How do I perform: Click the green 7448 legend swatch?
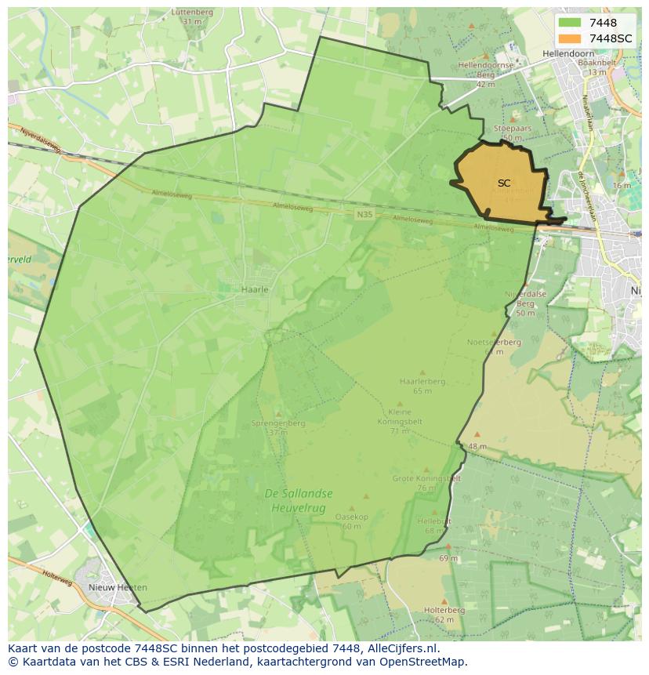tap(570, 23)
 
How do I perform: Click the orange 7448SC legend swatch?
tap(570, 38)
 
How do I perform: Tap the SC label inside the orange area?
tap(503, 183)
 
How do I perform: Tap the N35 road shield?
tap(364, 214)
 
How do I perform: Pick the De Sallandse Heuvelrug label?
tap(299, 499)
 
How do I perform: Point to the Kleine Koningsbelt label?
tap(400, 416)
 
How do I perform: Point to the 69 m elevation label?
tap(448, 558)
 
